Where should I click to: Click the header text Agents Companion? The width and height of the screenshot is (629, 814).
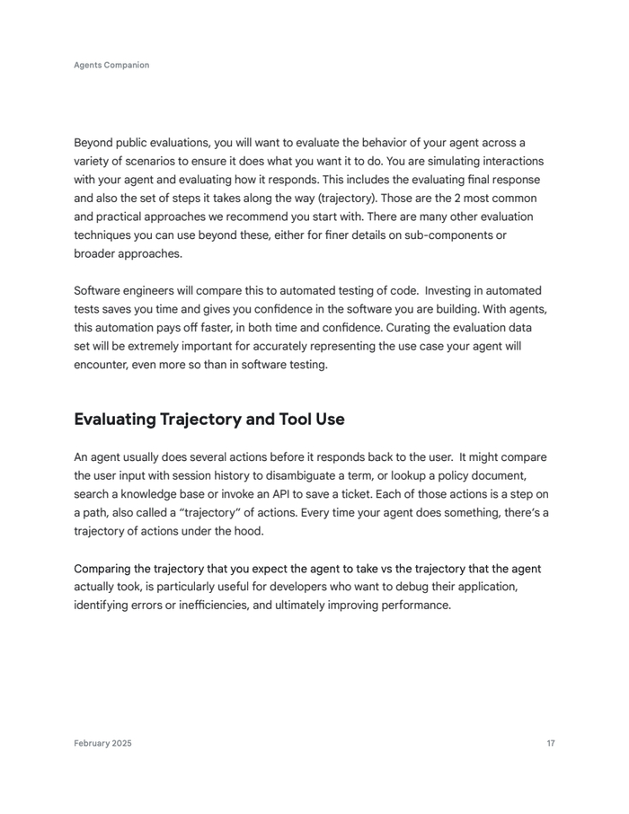[111, 66]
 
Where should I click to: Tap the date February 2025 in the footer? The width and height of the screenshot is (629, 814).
[102, 743]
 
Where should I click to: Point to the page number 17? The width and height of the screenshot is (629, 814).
[550, 743]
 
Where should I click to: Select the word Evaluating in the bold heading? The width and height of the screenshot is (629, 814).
[115, 420]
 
